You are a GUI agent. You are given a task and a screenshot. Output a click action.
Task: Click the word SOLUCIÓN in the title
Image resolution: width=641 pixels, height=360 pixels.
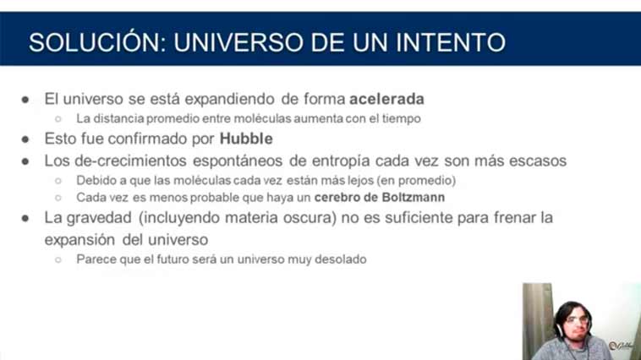(97, 42)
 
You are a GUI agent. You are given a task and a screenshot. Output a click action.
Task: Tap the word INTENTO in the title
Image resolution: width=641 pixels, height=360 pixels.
(451, 42)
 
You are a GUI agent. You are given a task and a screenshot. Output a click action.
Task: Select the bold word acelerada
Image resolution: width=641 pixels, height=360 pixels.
(386, 99)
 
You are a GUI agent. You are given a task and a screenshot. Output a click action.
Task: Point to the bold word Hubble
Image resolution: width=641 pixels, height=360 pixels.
(246, 139)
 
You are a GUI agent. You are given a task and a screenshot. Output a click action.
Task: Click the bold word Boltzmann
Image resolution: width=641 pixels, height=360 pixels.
(413, 198)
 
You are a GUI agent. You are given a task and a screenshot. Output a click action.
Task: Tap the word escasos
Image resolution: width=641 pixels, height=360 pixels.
(538, 161)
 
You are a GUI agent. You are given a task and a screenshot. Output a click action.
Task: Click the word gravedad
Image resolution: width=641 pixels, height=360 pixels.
(99, 218)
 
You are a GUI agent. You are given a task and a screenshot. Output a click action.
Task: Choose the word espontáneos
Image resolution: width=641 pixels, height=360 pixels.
(238, 161)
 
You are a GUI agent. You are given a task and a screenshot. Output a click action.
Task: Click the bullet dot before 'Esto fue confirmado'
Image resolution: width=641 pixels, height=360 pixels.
(25, 139)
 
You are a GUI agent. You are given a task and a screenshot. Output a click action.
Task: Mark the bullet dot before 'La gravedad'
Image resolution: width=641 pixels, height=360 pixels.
(25, 218)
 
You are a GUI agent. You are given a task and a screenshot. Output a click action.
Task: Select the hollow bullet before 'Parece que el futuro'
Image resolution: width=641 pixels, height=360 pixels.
(58, 259)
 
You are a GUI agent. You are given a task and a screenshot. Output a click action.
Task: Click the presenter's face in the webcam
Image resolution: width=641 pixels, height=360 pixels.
(576, 323)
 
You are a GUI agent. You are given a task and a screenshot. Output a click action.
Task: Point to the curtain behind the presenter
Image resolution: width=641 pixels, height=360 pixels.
(538, 319)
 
